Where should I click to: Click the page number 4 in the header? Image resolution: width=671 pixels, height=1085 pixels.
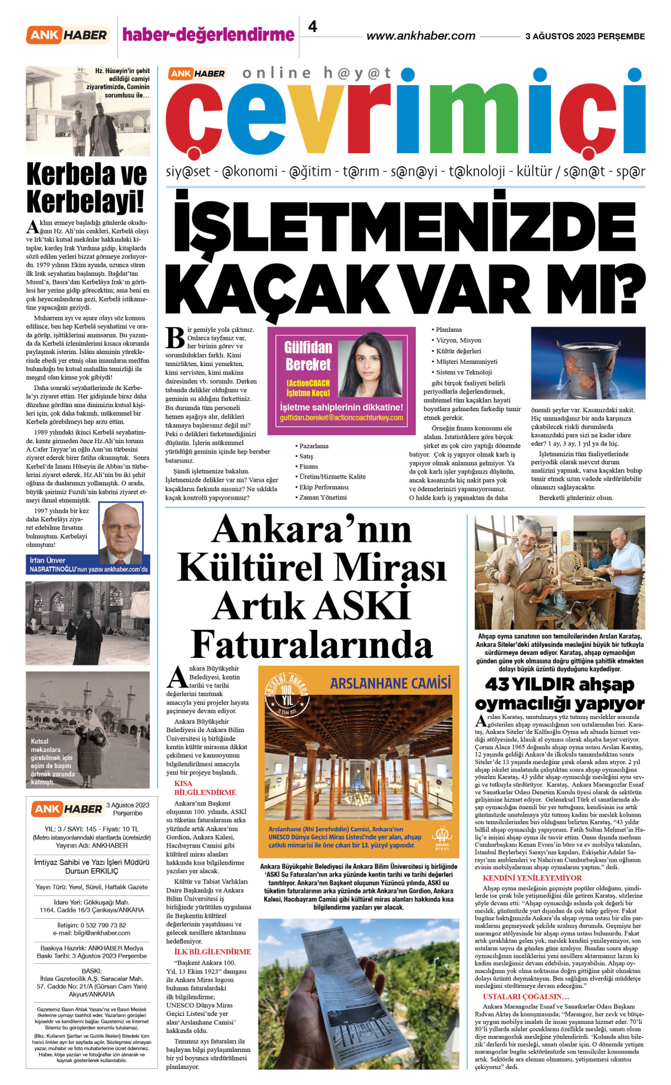pyautogui.click(x=313, y=26)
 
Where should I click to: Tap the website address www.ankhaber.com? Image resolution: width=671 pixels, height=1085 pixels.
pyautogui.click(x=421, y=36)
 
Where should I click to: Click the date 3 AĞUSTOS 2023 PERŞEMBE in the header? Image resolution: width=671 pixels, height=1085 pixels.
pyautogui.click(x=585, y=36)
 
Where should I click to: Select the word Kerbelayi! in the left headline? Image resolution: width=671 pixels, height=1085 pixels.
pyautogui.click(x=86, y=202)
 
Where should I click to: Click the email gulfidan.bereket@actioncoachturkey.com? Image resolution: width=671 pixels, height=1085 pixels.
pyautogui.click(x=341, y=418)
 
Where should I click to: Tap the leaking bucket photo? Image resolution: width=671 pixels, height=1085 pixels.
pyautogui.click(x=588, y=363)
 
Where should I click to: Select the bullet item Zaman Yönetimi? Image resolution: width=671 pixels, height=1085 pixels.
pyautogui.click(x=323, y=497)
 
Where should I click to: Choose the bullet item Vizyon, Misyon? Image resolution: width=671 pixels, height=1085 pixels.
pyautogui.click(x=459, y=340)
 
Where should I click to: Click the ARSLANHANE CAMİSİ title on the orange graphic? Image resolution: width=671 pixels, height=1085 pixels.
pyautogui.click(x=390, y=683)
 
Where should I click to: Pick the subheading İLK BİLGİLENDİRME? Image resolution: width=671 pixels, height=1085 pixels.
pyautogui.click(x=212, y=952)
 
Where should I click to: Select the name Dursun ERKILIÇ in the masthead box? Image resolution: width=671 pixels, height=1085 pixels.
pyautogui.click(x=92, y=871)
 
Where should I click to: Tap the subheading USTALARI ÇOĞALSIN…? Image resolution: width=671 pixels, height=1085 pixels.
pyautogui.click(x=526, y=996)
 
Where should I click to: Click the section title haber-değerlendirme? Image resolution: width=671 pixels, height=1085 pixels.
pyautogui.click(x=208, y=35)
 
